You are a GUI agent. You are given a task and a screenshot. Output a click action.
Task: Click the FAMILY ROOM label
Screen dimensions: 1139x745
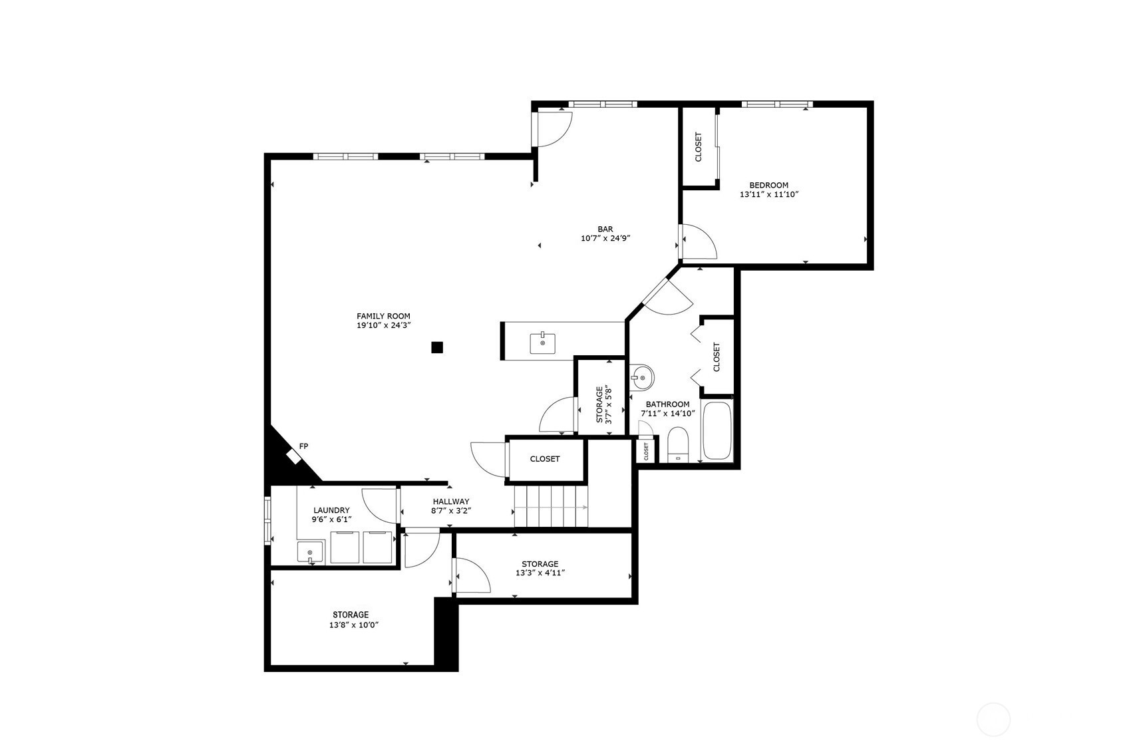383,317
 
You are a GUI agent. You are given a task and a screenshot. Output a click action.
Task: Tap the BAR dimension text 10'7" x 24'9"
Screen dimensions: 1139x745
605,238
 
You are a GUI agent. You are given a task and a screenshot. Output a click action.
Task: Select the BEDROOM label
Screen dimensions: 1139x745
769,185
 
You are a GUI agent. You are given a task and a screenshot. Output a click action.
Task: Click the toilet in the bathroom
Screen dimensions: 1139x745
677,444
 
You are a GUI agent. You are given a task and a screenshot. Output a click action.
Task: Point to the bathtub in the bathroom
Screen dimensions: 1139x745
717,431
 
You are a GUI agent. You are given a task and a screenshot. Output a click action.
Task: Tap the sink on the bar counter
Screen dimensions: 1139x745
542,343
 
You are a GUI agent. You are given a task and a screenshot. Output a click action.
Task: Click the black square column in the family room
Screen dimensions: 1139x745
437,347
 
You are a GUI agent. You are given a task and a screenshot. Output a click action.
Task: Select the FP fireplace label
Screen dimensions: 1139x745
303,446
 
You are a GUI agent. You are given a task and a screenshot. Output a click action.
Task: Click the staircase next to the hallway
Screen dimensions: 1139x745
551,506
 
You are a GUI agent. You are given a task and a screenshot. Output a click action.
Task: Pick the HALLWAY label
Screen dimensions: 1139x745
451,502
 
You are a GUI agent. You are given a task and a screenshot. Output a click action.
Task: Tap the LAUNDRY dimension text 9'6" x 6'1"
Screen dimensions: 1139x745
331,520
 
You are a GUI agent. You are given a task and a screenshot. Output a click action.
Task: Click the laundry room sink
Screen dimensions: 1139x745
309,552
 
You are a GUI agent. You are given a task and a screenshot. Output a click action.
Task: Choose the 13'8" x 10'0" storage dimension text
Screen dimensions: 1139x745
354,625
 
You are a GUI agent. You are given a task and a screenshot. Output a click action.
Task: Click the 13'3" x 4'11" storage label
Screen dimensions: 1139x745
540,573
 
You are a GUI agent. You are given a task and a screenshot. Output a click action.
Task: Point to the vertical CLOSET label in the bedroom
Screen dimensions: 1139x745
698,147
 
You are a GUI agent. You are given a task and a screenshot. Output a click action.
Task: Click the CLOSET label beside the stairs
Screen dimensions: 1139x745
545,459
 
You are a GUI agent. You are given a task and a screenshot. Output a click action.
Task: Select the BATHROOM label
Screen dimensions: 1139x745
668,404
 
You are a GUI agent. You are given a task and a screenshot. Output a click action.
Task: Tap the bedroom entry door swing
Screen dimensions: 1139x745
699,241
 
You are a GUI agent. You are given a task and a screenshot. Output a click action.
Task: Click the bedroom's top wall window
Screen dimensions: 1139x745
777,104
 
